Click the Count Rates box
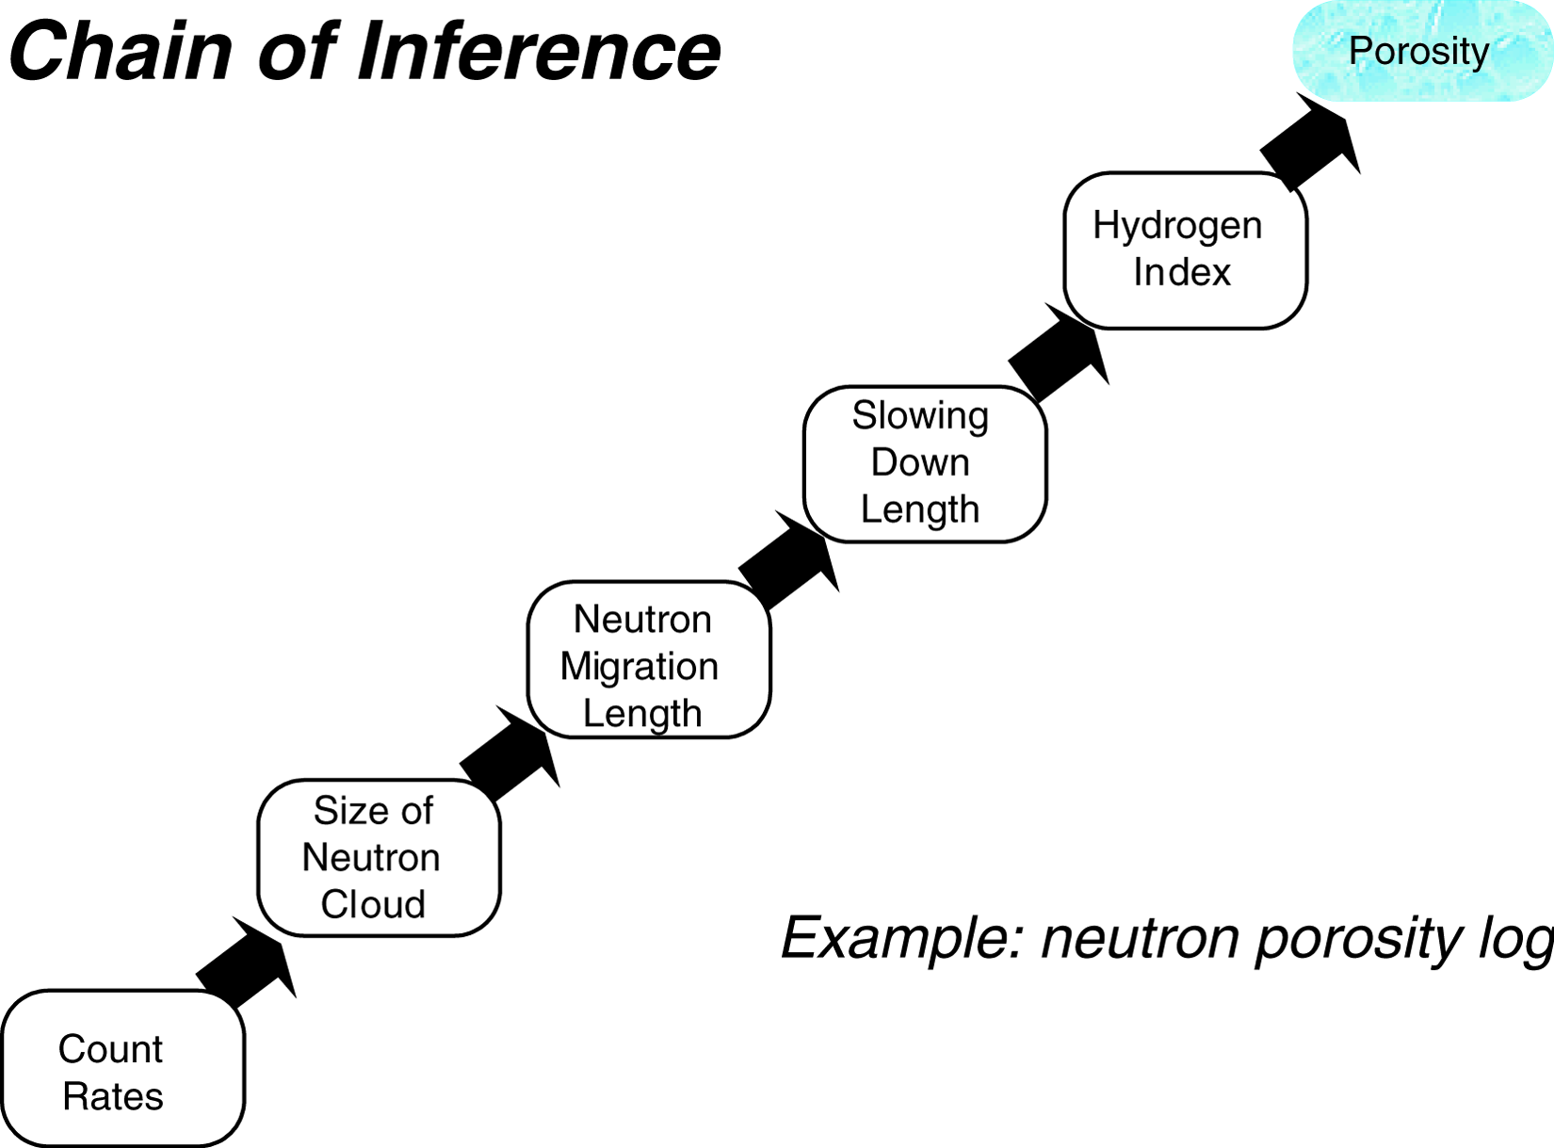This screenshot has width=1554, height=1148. [122, 1069]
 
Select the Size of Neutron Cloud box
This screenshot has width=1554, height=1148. [379, 857]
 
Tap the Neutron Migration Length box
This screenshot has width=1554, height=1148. [648, 659]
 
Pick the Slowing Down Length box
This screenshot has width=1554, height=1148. [924, 463]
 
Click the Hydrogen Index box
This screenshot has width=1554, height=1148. [1185, 250]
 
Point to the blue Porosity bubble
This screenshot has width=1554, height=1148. [1420, 51]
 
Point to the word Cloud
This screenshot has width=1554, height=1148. [373, 904]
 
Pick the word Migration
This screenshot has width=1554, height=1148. [639, 667]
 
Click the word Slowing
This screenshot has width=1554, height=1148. [920, 415]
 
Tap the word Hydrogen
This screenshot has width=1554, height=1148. [1177, 226]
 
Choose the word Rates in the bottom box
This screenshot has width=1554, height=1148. [113, 1097]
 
